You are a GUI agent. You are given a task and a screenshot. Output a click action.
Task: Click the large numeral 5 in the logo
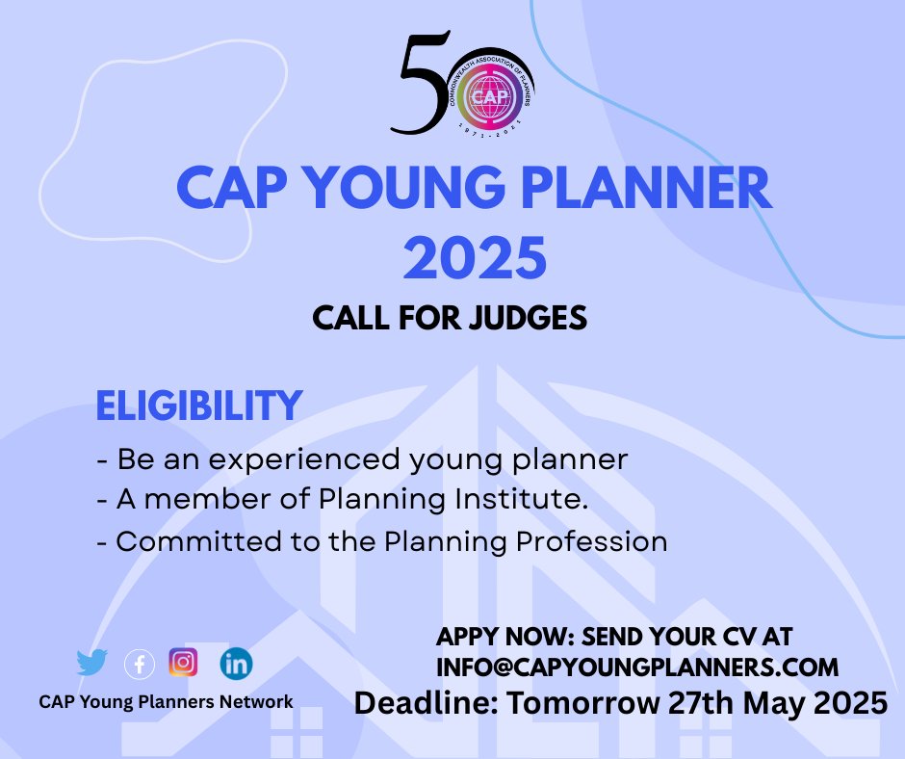click(421, 83)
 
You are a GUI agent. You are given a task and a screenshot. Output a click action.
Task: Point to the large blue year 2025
click(475, 255)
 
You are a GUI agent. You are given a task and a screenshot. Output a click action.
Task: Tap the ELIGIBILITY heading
click(198, 406)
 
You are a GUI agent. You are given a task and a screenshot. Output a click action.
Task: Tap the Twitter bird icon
click(92, 663)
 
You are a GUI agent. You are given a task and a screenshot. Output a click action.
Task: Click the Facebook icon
click(140, 664)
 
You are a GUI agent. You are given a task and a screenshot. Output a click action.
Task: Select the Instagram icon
click(183, 662)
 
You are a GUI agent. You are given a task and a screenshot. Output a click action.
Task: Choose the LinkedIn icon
click(236, 663)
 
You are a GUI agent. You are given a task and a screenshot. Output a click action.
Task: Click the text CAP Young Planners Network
click(166, 701)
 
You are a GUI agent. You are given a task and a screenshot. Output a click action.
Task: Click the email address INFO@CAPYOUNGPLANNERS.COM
click(637, 667)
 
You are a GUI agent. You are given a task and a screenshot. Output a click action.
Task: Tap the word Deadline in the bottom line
click(423, 702)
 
